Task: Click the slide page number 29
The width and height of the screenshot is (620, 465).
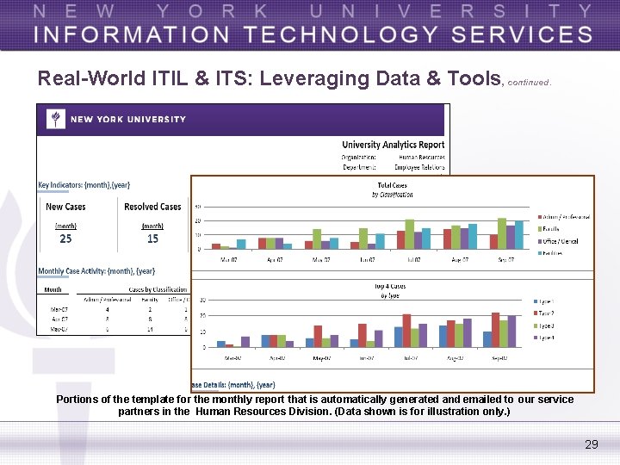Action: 591,444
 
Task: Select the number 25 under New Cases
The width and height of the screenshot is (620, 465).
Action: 65,239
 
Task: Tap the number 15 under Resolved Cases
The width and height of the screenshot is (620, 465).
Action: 152,239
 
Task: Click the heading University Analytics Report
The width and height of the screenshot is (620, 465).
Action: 393,145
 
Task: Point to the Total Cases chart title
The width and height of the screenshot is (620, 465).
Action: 392,185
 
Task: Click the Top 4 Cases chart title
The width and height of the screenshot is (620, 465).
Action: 390,286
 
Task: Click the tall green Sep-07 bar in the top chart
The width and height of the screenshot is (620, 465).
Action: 502,233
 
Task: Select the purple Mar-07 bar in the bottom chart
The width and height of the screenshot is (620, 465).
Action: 245,342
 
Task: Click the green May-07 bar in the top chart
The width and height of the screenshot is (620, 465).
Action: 316,239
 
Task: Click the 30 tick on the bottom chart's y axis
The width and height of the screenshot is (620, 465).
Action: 202,301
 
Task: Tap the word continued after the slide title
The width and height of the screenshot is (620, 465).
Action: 529,83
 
